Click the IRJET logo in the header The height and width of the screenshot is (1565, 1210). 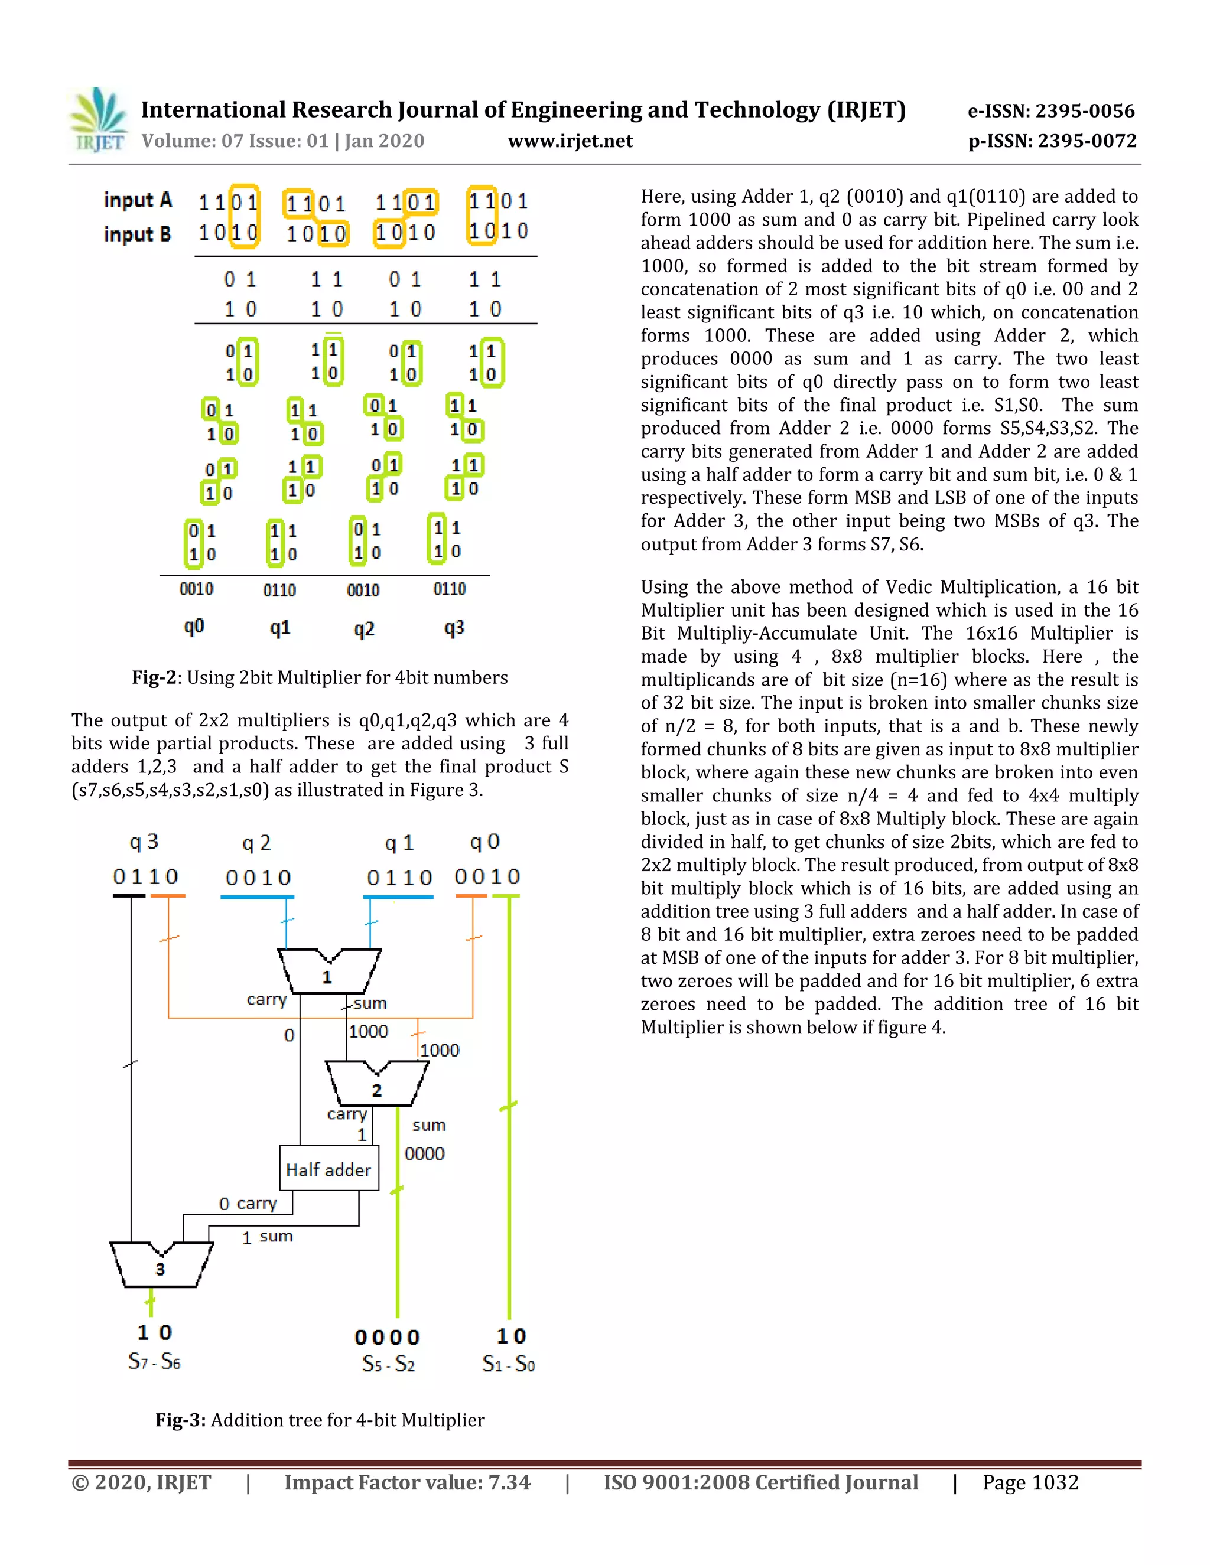[x=98, y=120]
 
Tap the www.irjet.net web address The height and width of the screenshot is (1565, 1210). [x=570, y=141]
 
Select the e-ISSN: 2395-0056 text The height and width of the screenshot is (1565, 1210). [x=1051, y=111]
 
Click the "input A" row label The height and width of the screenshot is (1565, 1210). [x=138, y=200]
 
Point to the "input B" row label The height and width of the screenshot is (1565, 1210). [x=138, y=234]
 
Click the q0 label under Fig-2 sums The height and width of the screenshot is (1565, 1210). [x=194, y=628]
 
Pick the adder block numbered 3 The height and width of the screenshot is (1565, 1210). [x=161, y=1265]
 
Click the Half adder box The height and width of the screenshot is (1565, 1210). [x=328, y=1169]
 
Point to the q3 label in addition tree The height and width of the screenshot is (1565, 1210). [x=144, y=842]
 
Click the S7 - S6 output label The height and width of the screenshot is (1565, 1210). [x=154, y=1361]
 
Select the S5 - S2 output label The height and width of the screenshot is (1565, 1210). [x=388, y=1364]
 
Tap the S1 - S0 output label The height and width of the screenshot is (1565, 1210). [x=508, y=1364]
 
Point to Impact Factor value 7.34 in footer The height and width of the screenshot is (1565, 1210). [x=407, y=1482]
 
